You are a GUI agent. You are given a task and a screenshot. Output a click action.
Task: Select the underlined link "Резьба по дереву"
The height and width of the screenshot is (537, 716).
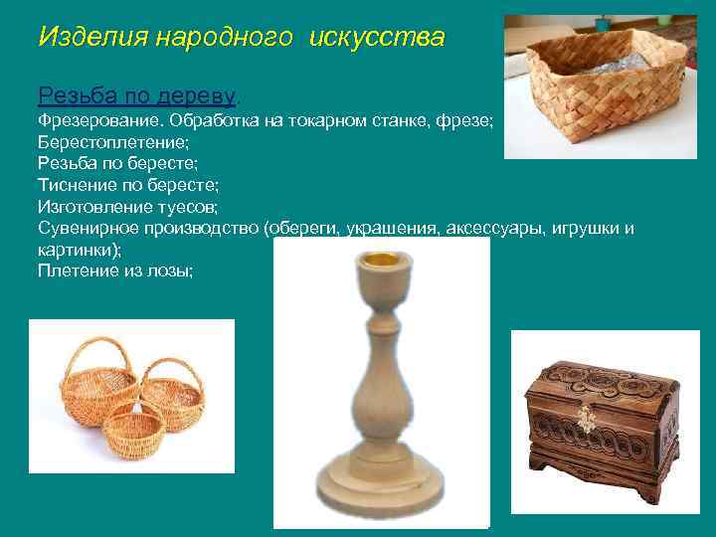(x=136, y=95)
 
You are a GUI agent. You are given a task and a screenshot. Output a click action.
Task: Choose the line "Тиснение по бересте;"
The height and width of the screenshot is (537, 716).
(x=128, y=186)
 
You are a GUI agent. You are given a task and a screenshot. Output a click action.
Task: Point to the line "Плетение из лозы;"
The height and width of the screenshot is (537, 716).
(x=115, y=269)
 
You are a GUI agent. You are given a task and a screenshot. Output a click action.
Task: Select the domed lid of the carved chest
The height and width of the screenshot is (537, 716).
(x=602, y=379)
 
